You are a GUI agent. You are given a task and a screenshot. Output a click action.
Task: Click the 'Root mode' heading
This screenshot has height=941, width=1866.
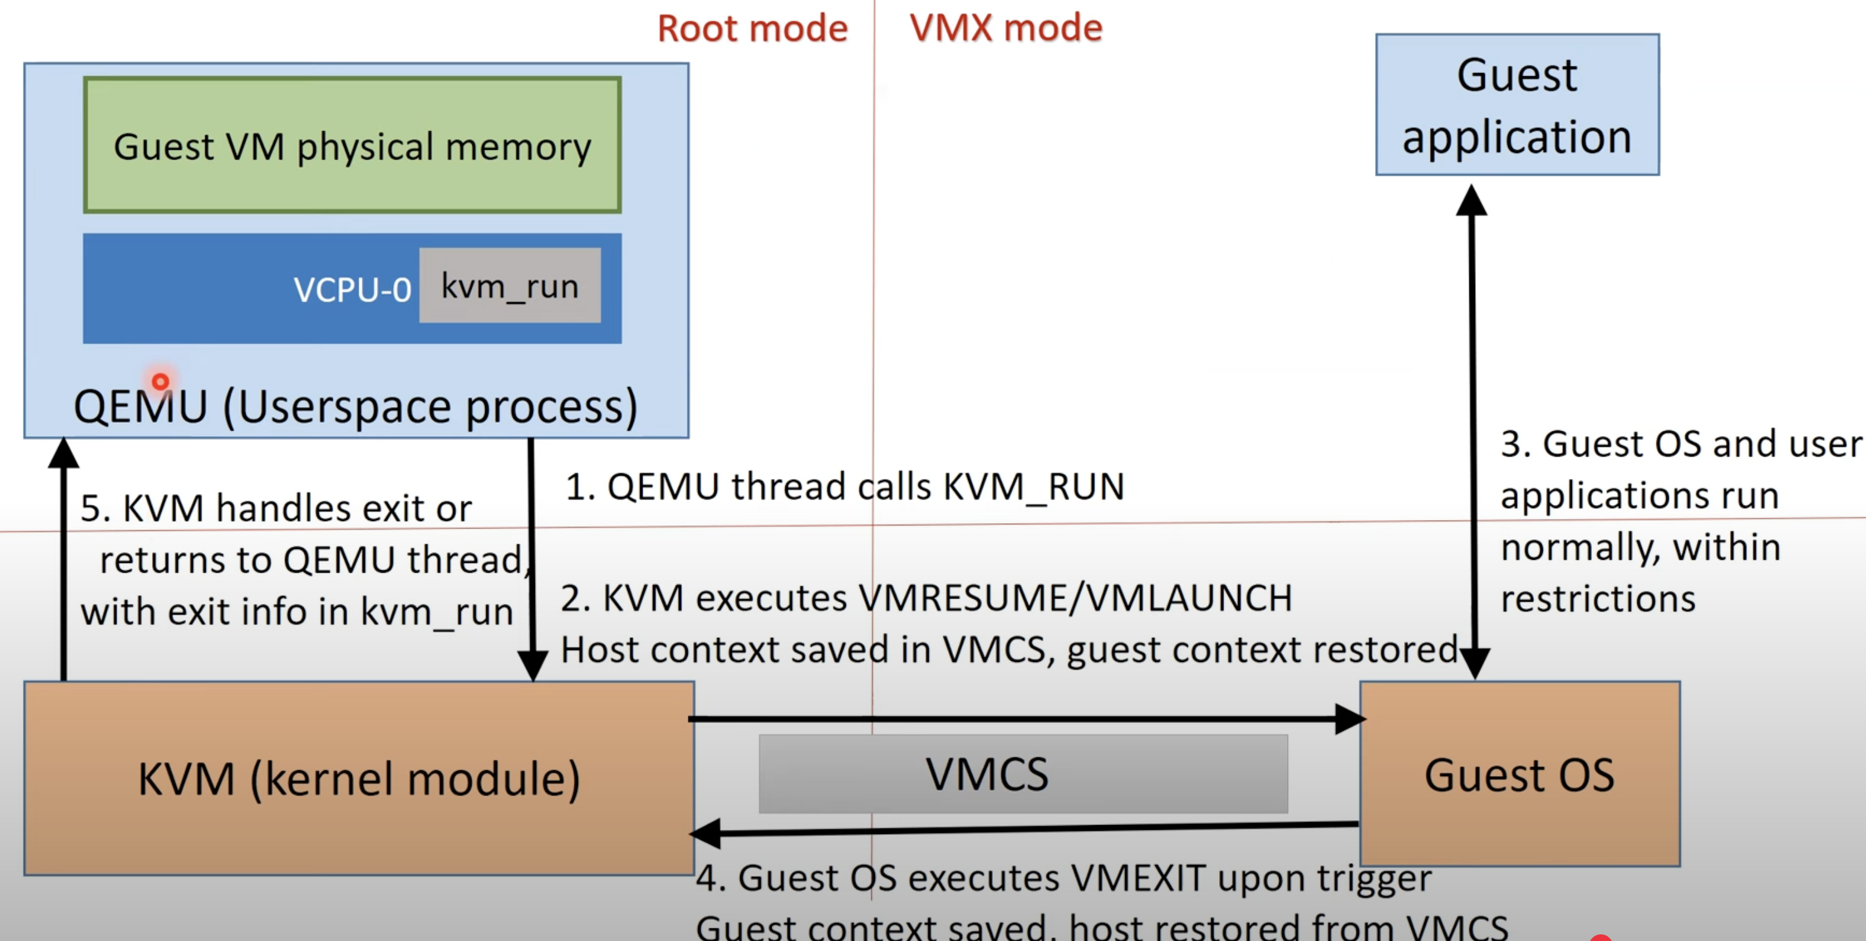coord(752,29)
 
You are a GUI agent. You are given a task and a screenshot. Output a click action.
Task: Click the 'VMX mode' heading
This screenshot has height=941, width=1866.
coord(1005,28)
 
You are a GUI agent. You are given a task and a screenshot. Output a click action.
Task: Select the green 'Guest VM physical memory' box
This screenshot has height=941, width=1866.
coord(352,146)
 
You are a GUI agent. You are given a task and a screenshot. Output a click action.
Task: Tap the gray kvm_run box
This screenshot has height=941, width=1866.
coord(510,286)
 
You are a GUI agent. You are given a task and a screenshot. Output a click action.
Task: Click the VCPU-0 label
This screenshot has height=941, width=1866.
coord(352,290)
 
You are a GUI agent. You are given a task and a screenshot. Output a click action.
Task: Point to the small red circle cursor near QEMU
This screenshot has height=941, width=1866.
coord(160,381)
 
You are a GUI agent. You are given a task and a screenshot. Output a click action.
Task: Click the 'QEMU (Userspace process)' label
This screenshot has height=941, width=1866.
coord(355,406)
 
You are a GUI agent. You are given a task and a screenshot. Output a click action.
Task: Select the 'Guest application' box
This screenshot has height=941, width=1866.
coord(1517,105)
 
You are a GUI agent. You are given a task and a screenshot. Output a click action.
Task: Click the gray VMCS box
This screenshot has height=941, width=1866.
coord(1023,774)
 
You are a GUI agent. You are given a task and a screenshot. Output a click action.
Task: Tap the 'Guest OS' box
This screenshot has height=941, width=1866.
coord(1519,774)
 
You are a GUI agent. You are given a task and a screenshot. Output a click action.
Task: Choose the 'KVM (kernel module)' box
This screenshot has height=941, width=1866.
coord(359,779)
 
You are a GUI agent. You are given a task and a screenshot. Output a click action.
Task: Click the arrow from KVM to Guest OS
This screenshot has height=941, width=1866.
coord(1014,719)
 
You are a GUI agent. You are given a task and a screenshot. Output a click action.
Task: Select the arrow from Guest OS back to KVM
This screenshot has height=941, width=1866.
coord(1014,829)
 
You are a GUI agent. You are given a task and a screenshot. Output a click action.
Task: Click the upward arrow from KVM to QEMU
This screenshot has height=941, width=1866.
coord(64,565)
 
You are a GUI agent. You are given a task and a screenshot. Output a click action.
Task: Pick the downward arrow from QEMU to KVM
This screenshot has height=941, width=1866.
coord(531,558)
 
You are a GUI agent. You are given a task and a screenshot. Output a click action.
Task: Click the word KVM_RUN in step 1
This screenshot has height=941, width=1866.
coord(1033,487)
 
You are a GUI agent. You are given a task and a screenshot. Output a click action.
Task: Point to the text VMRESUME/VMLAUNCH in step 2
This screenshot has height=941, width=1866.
coord(1075,599)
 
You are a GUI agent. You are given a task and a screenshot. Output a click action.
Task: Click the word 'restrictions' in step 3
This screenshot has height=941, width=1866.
coord(1598,600)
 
